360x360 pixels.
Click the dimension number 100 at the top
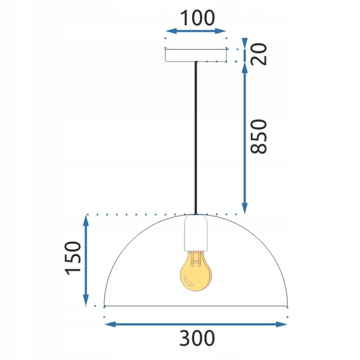point(198,18)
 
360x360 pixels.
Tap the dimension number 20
point(259,54)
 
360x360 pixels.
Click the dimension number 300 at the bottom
point(197,338)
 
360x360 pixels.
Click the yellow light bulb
point(196,274)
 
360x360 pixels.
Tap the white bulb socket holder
point(196,233)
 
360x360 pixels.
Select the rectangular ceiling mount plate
point(196,55)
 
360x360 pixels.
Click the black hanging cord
point(196,138)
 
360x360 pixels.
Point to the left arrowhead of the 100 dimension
point(171,31)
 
